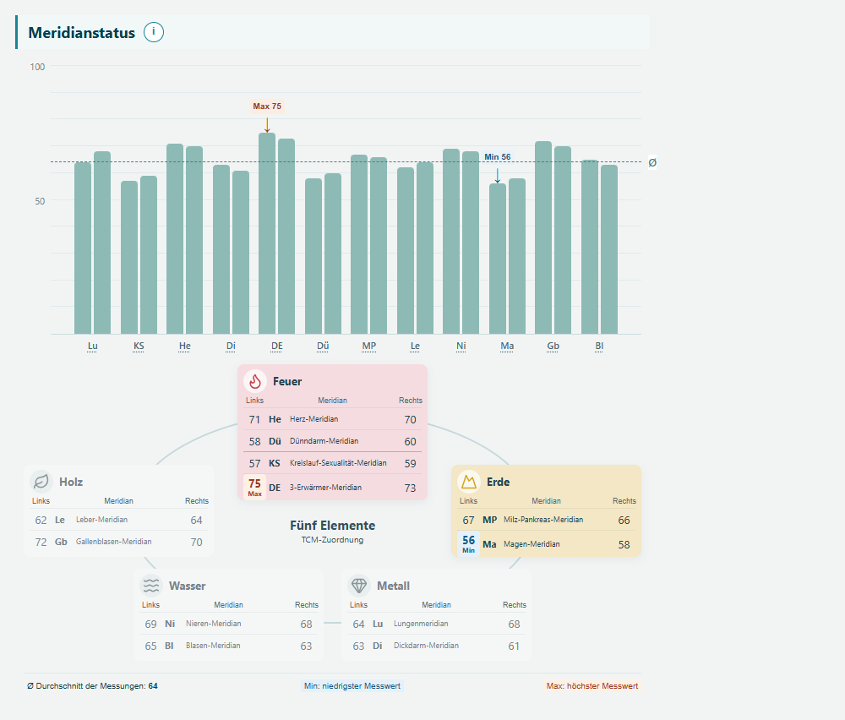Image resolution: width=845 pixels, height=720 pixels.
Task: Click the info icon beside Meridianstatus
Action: coord(154,32)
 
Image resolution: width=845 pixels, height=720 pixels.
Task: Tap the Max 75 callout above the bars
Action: coord(267,106)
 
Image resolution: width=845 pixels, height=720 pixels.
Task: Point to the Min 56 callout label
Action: coord(498,157)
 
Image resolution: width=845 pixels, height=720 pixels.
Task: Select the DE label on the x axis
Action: coord(277,346)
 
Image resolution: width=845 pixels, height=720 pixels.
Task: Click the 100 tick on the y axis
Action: coord(38,67)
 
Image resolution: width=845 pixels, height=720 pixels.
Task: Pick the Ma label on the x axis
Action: coord(507,346)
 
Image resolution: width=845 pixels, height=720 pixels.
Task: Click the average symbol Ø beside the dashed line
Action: coord(652,163)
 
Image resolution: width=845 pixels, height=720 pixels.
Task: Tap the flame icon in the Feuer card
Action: coord(255,381)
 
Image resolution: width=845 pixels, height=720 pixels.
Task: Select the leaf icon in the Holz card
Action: coord(41,481)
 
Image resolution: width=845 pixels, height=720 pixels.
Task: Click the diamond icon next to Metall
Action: coord(359,586)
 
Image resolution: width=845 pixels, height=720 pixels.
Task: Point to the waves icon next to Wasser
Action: coord(151,586)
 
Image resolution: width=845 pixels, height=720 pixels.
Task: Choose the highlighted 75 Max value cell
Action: coord(255,488)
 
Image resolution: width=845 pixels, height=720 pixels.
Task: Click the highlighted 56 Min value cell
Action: coord(468,543)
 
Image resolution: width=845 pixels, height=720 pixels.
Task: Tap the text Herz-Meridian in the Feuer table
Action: coord(314,419)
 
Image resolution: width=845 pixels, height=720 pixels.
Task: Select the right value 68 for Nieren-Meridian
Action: coord(306,624)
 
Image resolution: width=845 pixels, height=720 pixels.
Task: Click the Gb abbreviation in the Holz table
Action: coord(61,542)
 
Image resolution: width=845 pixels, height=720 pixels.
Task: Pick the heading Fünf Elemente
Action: coord(332,526)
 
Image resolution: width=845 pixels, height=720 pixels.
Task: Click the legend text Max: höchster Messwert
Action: coord(592,686)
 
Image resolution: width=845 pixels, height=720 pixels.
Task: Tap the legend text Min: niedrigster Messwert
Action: coord(352,686)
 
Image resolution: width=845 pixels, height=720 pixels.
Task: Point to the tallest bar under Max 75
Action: coord(267,233)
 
